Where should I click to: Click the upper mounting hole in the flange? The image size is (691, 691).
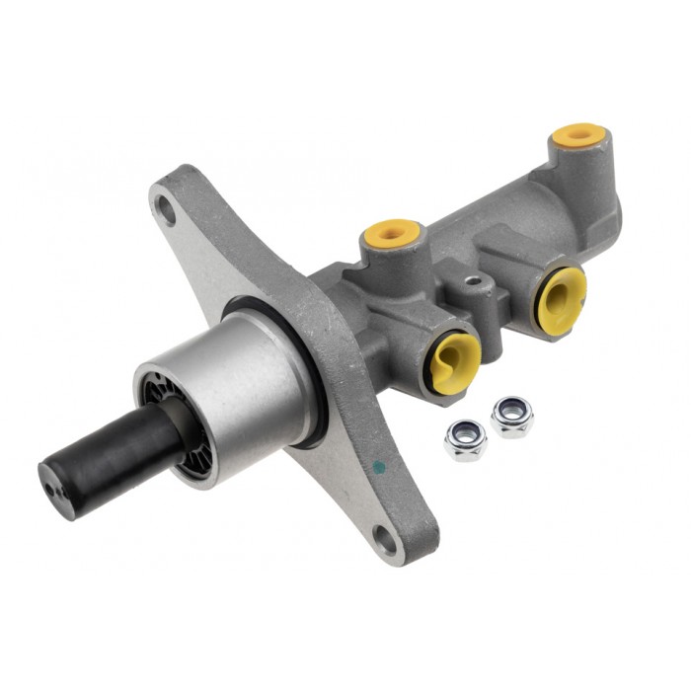click(166, 210)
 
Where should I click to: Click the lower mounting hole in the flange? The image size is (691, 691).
click(385, 537)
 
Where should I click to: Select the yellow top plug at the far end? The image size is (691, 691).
click(578, 134)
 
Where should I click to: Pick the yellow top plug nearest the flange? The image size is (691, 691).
click(392, 233)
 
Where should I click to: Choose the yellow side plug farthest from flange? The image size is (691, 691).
click(562, 297)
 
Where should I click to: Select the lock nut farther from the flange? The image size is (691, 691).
click(511, 415)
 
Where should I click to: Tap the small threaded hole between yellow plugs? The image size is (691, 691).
click(478, 283)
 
